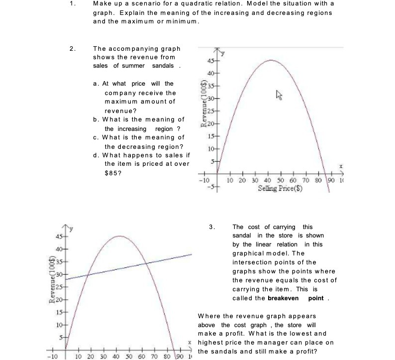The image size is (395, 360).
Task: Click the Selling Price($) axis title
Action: pyautogui.click(x=282, y=189)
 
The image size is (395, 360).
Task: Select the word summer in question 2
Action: pyautogui.click(x=134, y=66)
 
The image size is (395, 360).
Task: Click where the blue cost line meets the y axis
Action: pyautogui.click(x=65, y=279)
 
